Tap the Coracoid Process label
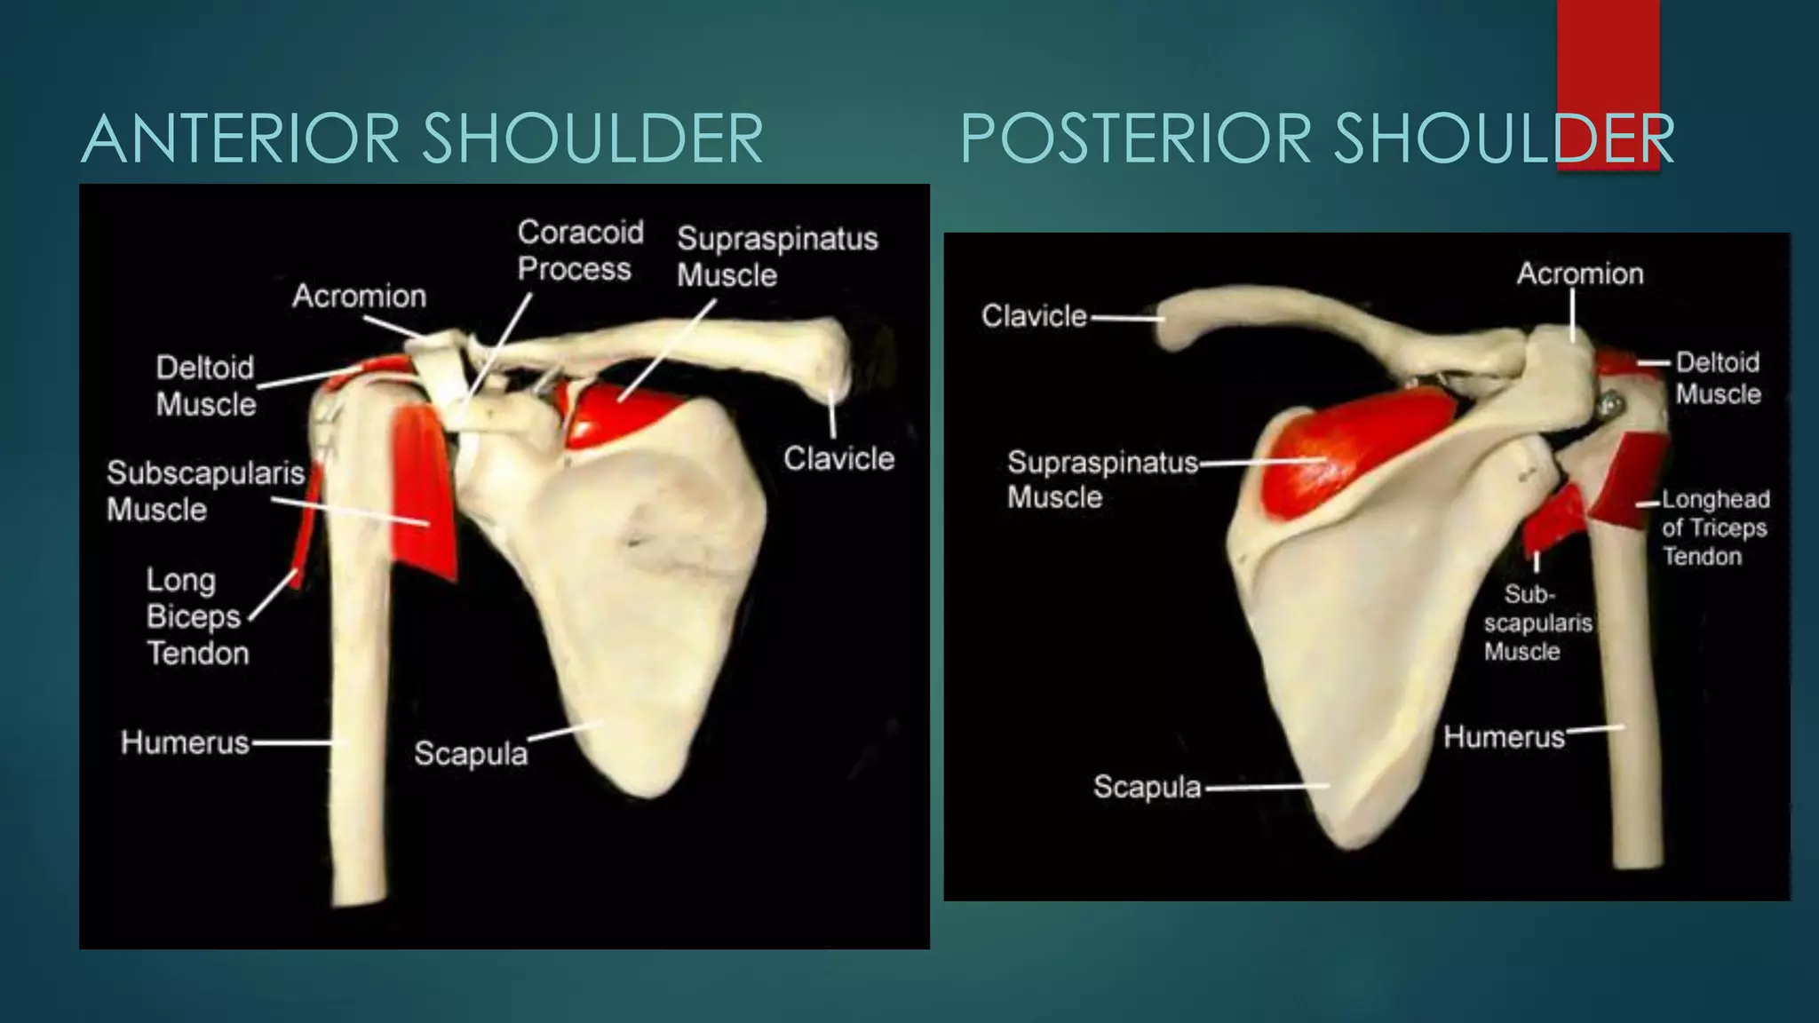pos(579,250)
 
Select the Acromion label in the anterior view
pos(359,296)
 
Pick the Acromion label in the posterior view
pos(1579,274)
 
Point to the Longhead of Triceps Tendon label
pos(1714,527)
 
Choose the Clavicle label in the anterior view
pos(838,458)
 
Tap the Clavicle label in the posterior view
pos(1034,316)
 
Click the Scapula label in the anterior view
pos(471,753)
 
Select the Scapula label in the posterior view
pos(1147,787)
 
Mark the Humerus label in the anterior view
pos(185,742)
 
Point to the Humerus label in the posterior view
pos(1504,737)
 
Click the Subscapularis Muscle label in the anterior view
pos(204,491)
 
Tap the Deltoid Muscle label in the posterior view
pos(1718,378)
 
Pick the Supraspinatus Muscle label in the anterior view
pos(776,257)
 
